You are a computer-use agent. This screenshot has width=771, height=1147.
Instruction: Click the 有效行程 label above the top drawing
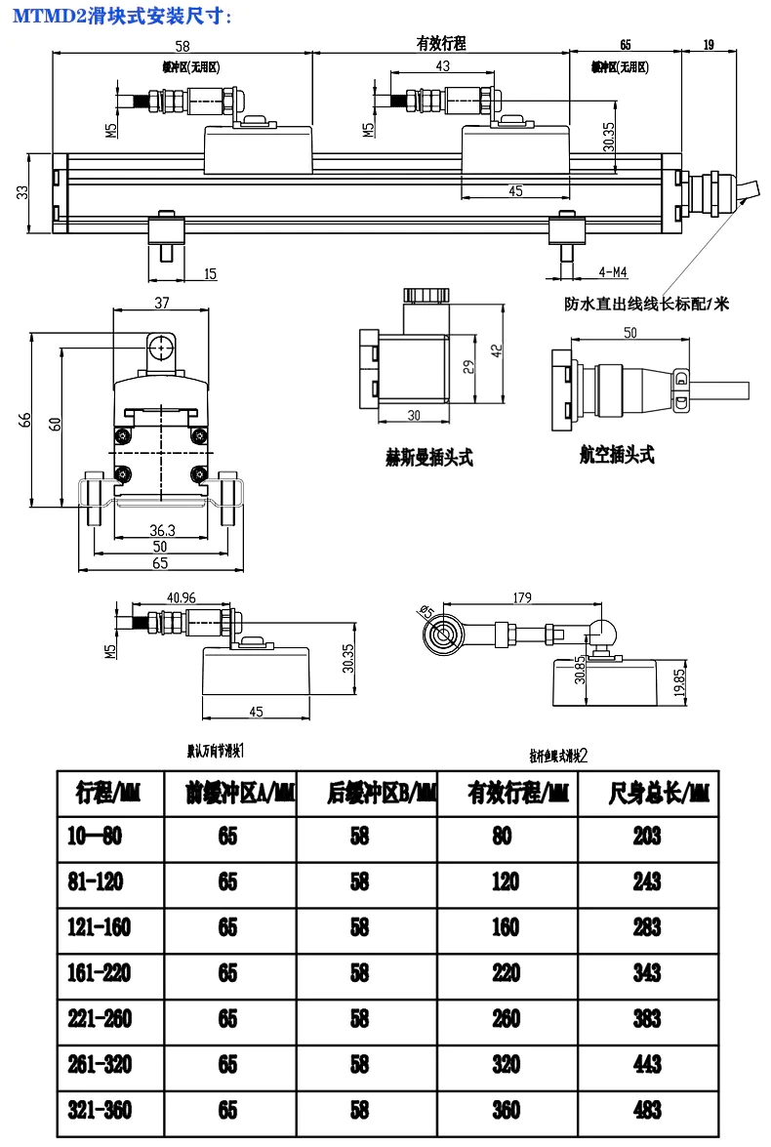(x=440, y=44)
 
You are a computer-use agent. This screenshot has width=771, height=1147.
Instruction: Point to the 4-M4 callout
(x=613, y=270)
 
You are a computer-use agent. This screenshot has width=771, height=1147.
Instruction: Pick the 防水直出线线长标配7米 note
(x=646, y=304)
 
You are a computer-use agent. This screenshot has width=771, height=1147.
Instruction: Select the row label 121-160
(x=99, y=926)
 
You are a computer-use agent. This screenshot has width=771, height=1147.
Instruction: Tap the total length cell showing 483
(x=646, y=1110)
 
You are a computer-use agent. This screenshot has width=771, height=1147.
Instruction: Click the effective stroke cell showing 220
(x=506, y=972)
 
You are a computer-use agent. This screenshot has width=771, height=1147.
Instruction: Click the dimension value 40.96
(x=182, y=597)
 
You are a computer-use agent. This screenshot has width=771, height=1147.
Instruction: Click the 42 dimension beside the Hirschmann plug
(x=496, y=349)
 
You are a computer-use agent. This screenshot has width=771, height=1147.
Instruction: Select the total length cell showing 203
(x=646, y=836)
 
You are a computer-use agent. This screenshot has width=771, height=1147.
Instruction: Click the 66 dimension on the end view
(x=27, y=421)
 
